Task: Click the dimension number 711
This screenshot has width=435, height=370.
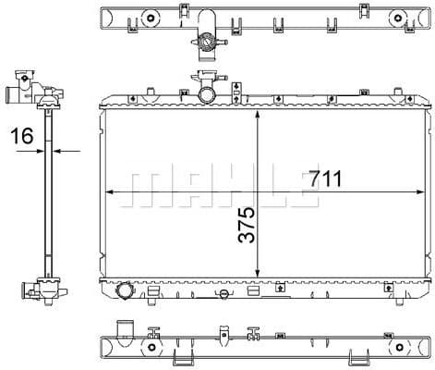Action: (x=317, y=180)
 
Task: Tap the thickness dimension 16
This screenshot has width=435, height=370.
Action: (x=22, y=137)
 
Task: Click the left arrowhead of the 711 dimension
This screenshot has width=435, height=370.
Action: (x=113, y=191)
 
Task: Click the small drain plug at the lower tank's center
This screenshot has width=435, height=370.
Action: (x=222, y=294)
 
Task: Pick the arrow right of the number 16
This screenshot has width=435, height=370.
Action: (x=75, y=148)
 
